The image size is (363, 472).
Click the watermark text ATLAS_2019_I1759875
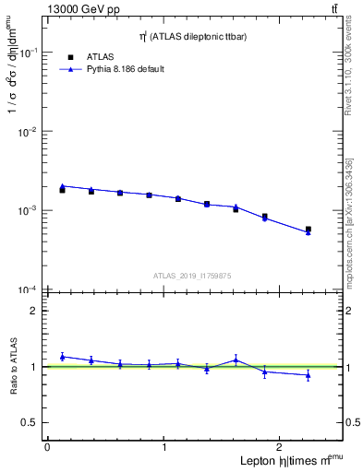[193, 275]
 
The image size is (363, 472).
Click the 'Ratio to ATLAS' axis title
[12, 368]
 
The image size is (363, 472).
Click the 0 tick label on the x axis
[47, 447]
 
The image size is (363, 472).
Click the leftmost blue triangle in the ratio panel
[62, 357]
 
